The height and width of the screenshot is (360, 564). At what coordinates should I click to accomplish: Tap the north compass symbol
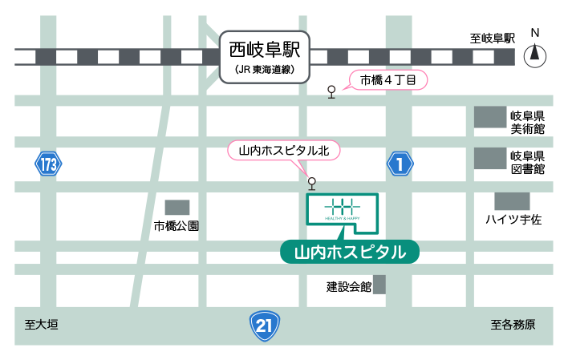[x=534, y=55]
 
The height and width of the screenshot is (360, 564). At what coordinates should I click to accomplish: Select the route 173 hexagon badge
[x=48, y=165]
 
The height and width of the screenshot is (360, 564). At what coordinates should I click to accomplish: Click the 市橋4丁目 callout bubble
[x=387, y=80]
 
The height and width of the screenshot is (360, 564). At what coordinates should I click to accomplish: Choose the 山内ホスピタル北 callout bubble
[x=285, y=150]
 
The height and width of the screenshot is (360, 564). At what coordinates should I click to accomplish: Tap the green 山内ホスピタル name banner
[x=349, y=252]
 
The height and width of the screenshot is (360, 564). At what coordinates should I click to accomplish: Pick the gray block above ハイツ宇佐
[x=512, y=200]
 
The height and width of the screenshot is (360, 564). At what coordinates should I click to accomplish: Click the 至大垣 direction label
[x=42, y=325]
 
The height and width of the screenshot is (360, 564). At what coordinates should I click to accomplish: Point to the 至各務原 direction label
[x=513, y=325]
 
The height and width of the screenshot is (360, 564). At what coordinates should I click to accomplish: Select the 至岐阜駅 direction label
[x=492, y=38]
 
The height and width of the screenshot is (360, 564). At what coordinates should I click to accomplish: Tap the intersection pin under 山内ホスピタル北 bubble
[x=312, y=183]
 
